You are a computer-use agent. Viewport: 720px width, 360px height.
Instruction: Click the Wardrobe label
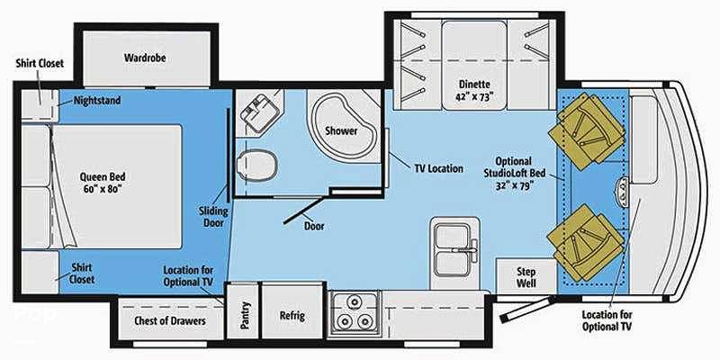pyautogui.click(x=145, y=58)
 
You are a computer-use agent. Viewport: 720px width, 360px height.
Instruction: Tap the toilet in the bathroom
pyautogui.click(x=257, y=165)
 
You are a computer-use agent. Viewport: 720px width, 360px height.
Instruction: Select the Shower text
pyautogui.click(x=341, y=130)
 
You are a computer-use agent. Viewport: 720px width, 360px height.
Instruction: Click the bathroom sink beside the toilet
pyautogui.click(x=257, y=112)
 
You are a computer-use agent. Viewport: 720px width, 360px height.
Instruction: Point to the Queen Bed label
pyautogui.click(x=103, y=183)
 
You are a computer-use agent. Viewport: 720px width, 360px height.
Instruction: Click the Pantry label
pyautogui.click(x=245, y=316)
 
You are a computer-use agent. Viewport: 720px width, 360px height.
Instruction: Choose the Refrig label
pyautogui.click(x=292, y=316)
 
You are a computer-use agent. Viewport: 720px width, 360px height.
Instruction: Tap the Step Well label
pyautogui.click(x=526, y=277)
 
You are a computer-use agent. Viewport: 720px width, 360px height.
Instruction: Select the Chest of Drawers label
pyautogui.click(x=170, y=320)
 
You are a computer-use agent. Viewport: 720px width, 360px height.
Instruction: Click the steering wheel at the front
pyautogui.click(x=623, y=190)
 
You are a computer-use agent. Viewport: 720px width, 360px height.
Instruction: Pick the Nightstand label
pyautogui.click(x=97, y=100)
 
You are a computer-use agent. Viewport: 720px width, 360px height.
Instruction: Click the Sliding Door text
pyautogui.click(x=213, y=217)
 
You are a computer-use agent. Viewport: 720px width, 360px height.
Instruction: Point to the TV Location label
pyautogui.click(x=439, y=168)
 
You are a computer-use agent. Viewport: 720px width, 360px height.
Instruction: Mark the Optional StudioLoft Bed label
pyautogui.click(x=514, y=174)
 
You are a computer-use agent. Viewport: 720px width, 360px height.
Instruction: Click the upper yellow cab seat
pyautogui.click(x=587, y=130)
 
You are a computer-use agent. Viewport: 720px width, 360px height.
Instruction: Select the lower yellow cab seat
pyautogui.click(x=586, y=242)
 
